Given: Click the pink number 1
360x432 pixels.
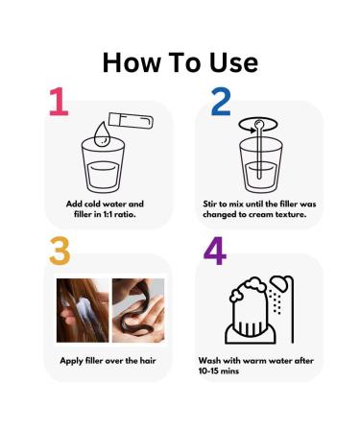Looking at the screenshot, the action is pos(59,101).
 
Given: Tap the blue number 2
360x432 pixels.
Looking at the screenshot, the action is pos(221,102).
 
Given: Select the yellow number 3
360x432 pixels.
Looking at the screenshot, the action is pos(60,251).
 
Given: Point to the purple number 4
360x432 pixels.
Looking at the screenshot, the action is pos(215,251).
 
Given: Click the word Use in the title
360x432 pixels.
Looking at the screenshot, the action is pos(233,62).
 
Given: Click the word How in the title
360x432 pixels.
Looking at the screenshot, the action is pos(132,62).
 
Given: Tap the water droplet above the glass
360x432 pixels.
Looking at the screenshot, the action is pos(102,133).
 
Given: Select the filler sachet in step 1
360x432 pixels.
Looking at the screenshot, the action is pos(131,121).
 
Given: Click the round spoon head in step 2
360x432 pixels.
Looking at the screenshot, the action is pos(258,123).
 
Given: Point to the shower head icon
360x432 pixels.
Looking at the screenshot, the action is pos(279,283).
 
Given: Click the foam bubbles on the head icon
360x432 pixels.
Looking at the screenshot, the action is pos(247,289).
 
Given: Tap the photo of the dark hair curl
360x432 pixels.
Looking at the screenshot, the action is pos(138,310).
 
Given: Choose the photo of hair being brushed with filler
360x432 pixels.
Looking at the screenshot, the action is pos(83,310).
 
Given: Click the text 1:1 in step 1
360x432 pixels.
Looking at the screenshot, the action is pos(108,214).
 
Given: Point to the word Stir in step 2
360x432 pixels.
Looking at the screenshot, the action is pos(210,204).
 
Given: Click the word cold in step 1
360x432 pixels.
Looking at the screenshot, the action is pos(92,204).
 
